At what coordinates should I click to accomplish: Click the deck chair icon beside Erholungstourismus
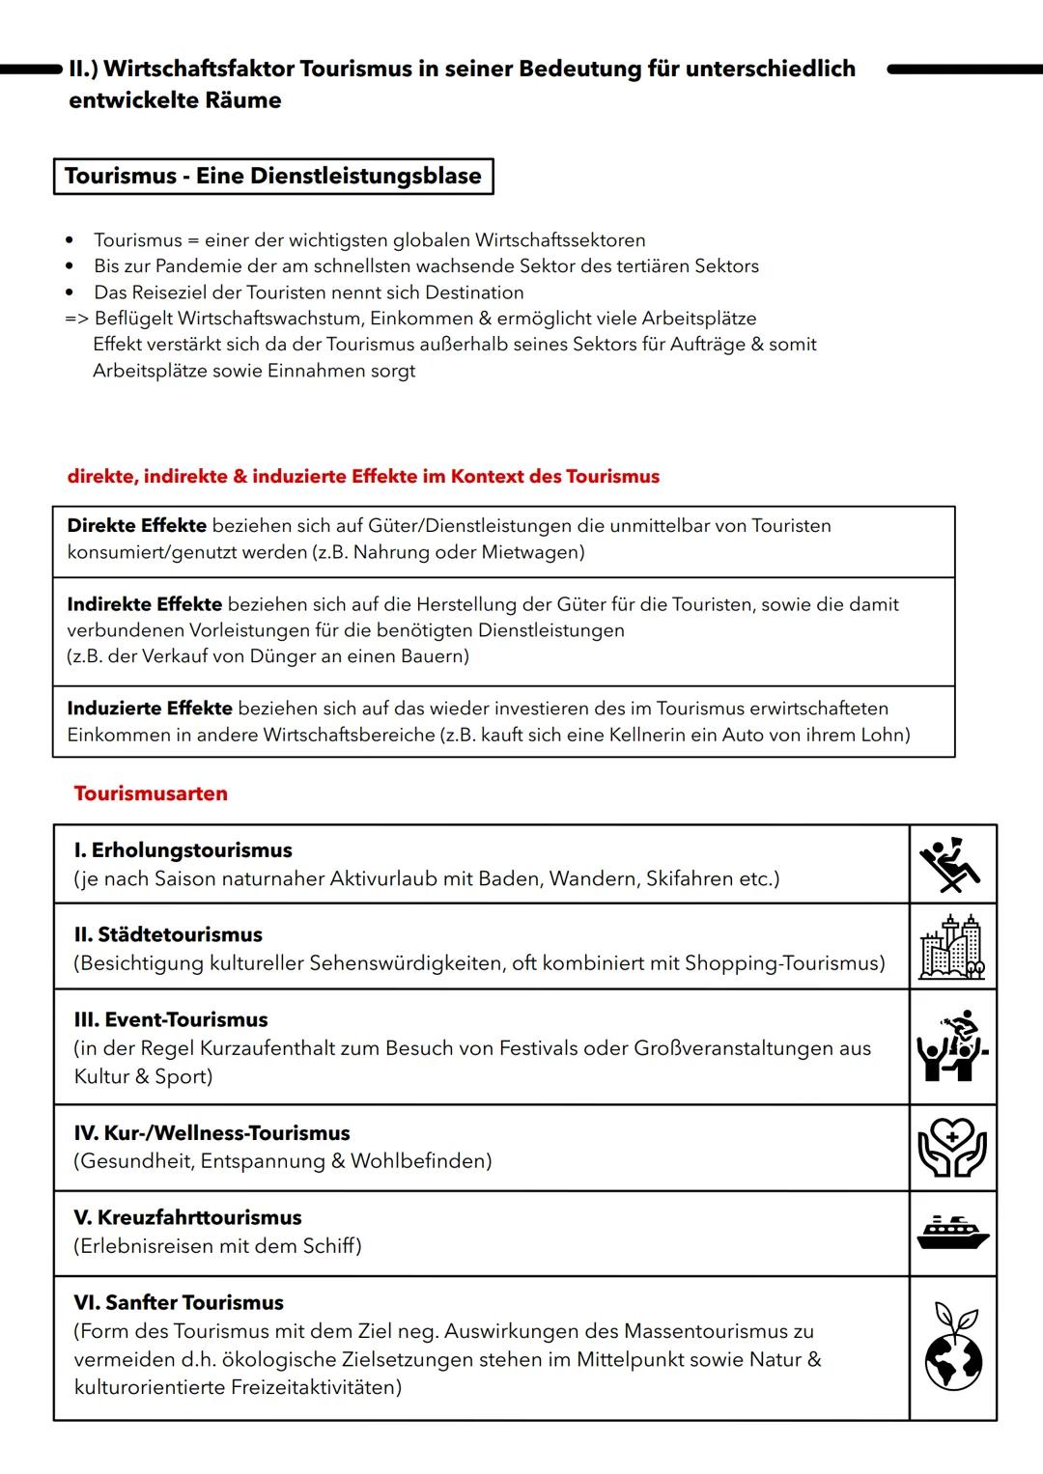950,863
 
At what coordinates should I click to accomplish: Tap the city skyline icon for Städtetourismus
950,947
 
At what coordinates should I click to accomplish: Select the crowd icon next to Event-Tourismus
950,1046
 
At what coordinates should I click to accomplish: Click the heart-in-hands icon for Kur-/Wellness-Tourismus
950,1147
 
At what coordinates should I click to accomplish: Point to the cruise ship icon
952,1233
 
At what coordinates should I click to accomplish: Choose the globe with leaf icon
952,1348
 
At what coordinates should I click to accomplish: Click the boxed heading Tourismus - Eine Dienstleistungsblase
273,177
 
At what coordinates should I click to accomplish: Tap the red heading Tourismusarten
151,793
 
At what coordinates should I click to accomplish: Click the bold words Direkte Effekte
136,526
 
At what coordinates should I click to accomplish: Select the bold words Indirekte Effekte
144,604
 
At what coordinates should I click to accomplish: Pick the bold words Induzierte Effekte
150,709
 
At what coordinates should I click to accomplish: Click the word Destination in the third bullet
474,292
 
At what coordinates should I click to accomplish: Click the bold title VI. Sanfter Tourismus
179,1303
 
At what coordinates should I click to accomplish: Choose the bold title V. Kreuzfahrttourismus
187,1218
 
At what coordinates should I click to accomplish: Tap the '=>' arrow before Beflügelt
76,319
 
